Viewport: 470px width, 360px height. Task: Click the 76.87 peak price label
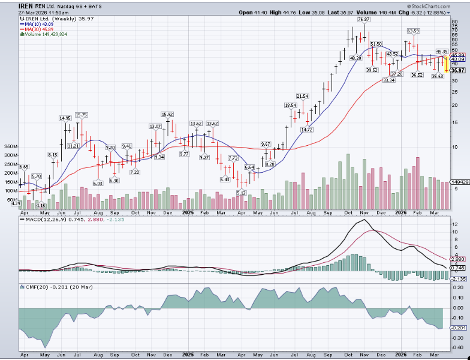363,20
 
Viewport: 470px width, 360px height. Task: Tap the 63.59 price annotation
413,31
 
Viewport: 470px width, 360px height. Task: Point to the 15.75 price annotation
82,115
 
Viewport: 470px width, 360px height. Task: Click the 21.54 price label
302,96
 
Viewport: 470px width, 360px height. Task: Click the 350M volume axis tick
11,146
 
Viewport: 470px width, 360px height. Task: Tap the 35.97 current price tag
459,71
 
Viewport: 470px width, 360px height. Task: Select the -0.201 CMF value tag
458,328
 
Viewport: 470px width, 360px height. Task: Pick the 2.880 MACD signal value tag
458,259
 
